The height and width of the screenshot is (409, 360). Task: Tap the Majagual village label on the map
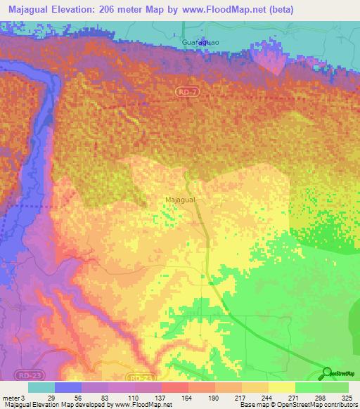point(180,200)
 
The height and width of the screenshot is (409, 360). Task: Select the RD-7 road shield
point(184,91)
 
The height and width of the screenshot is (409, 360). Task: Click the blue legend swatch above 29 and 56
point(67,387)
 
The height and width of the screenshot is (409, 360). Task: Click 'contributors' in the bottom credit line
point(340,405)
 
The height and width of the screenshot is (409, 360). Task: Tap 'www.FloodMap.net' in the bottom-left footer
point(143,405)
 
